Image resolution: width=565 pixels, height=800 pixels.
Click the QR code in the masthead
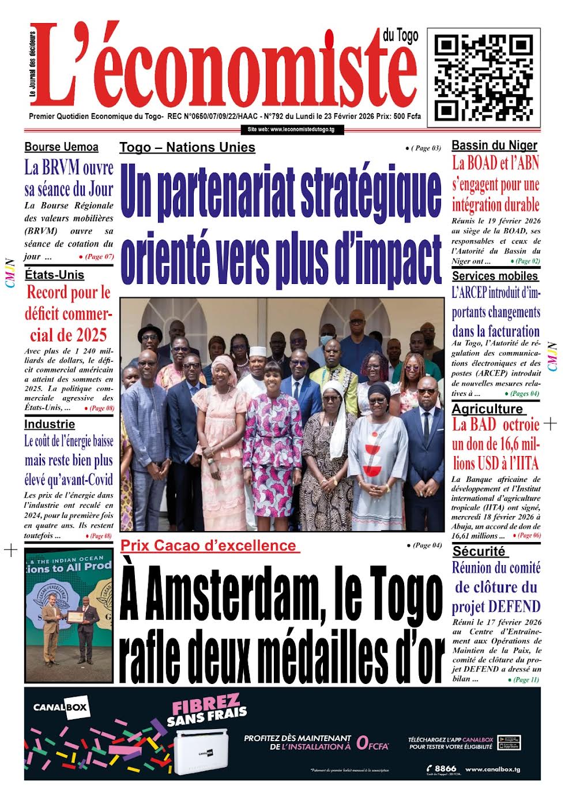tap(483, 77)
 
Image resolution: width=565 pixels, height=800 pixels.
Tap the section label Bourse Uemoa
tap(61, 147)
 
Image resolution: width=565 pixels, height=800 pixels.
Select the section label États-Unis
tap(54, 275)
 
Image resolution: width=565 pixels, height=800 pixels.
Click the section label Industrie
tap(50, 424)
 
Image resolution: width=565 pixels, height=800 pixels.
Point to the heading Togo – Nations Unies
tap(187, 147)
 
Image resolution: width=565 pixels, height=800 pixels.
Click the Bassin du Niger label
tap(494, 145)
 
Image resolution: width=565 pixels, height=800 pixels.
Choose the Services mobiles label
tap(495, 276)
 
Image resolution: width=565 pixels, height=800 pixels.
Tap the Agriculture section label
tap(487, 409)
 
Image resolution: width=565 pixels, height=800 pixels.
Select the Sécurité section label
tap(479, 551)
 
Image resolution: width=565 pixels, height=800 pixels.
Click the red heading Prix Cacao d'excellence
tap(208, 545)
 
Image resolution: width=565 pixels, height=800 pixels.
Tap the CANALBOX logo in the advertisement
tap(61, 707)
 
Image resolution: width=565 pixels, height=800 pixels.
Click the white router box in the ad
tap(199, 750)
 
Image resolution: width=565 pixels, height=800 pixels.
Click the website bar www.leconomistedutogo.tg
tap(291, 129)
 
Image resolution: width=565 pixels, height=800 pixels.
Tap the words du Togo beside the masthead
tap(400, 36)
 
